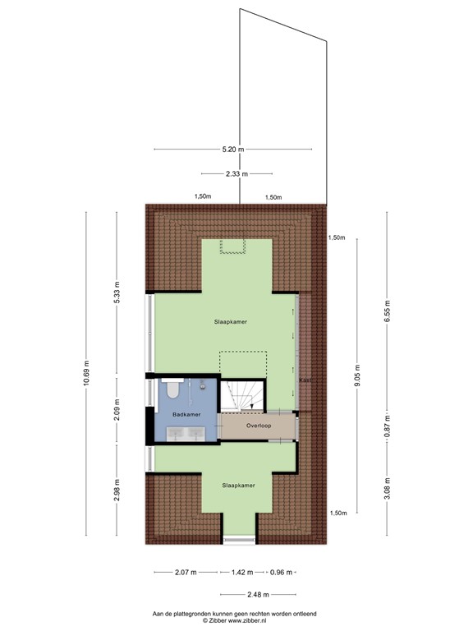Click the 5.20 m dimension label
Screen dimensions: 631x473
232,150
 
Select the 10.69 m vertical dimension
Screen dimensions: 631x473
86,374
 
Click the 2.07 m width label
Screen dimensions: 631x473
186,572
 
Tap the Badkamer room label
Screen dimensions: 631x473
186,414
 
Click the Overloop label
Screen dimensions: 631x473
259,426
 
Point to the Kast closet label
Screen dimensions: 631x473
303,380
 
